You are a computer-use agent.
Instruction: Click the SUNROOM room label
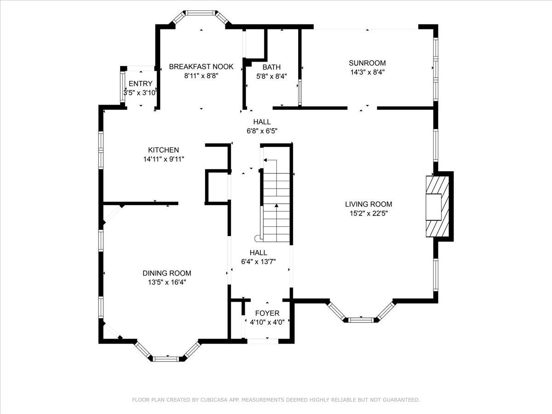(367, 63)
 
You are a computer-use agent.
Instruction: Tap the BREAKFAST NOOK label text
(201, 67)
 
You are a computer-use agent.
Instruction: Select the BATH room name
(271, 67)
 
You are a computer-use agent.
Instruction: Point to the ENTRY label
(141, 83)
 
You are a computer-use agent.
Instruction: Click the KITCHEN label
(163, 150)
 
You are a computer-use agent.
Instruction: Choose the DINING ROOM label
(167, 273)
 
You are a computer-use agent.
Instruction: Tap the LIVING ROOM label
(368, 204)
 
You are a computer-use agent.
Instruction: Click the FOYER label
(267, 313)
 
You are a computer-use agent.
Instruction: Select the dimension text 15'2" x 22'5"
(368, 213)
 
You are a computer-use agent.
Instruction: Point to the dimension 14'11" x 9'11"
(164, 159)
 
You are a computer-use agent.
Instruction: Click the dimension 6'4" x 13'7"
(259, 262)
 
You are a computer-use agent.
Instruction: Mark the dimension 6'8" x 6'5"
(262, 131)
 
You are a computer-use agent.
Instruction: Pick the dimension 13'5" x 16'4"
(167, 282)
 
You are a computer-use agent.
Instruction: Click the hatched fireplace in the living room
(437, 207)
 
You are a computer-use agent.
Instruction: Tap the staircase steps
(276, 201)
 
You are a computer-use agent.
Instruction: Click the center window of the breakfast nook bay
(201, 13)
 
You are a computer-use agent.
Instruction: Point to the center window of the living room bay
(361, 320)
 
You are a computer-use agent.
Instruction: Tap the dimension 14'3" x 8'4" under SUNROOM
(368, 72)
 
